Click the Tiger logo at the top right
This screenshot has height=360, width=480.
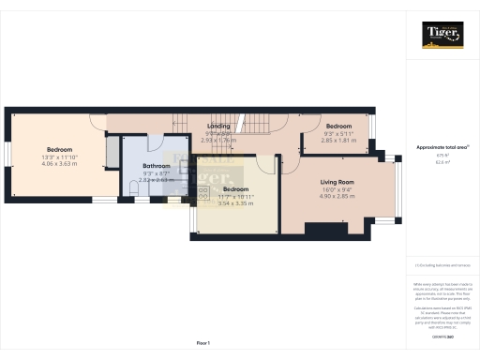442,35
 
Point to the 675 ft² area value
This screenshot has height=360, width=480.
442,156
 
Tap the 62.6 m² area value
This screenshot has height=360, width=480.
442,162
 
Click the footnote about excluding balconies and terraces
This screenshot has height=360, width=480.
442,265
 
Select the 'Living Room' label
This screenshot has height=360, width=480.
337,182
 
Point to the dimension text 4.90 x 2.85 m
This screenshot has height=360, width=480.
337,196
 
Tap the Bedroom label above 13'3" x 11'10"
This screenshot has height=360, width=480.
61,149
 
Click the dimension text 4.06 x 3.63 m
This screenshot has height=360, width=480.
61,164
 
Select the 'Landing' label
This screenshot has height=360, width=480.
219,125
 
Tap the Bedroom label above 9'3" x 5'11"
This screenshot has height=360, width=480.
337,126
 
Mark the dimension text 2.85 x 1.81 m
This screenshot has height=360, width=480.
337,140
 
